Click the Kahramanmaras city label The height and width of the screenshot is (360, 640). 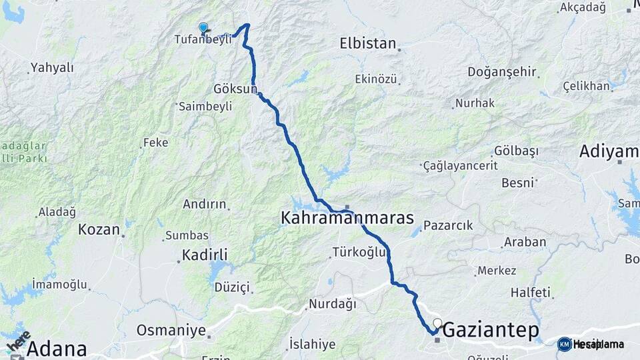coord(347,218)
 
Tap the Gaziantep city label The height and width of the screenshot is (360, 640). coord(490,330)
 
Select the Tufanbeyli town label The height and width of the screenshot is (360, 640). coord(203,39)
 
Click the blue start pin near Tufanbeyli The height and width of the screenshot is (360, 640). coord(203,27)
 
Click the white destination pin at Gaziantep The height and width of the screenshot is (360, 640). coord(437,324)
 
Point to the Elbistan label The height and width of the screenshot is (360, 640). coord(368,43)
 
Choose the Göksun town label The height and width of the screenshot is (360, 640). coord(235,89)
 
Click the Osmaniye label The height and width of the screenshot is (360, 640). coord(171,330)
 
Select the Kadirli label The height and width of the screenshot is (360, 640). coord(205,255)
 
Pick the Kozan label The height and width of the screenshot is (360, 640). coord(99,229)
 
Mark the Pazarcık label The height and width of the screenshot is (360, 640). coord(448,225)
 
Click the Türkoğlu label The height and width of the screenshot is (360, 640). coord(359,252)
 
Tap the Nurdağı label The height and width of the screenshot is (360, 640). coord(331,304)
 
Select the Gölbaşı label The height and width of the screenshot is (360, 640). coord(516,151)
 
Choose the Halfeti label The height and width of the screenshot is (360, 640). coord(531,293)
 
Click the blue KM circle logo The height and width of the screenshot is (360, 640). coord(564,344)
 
